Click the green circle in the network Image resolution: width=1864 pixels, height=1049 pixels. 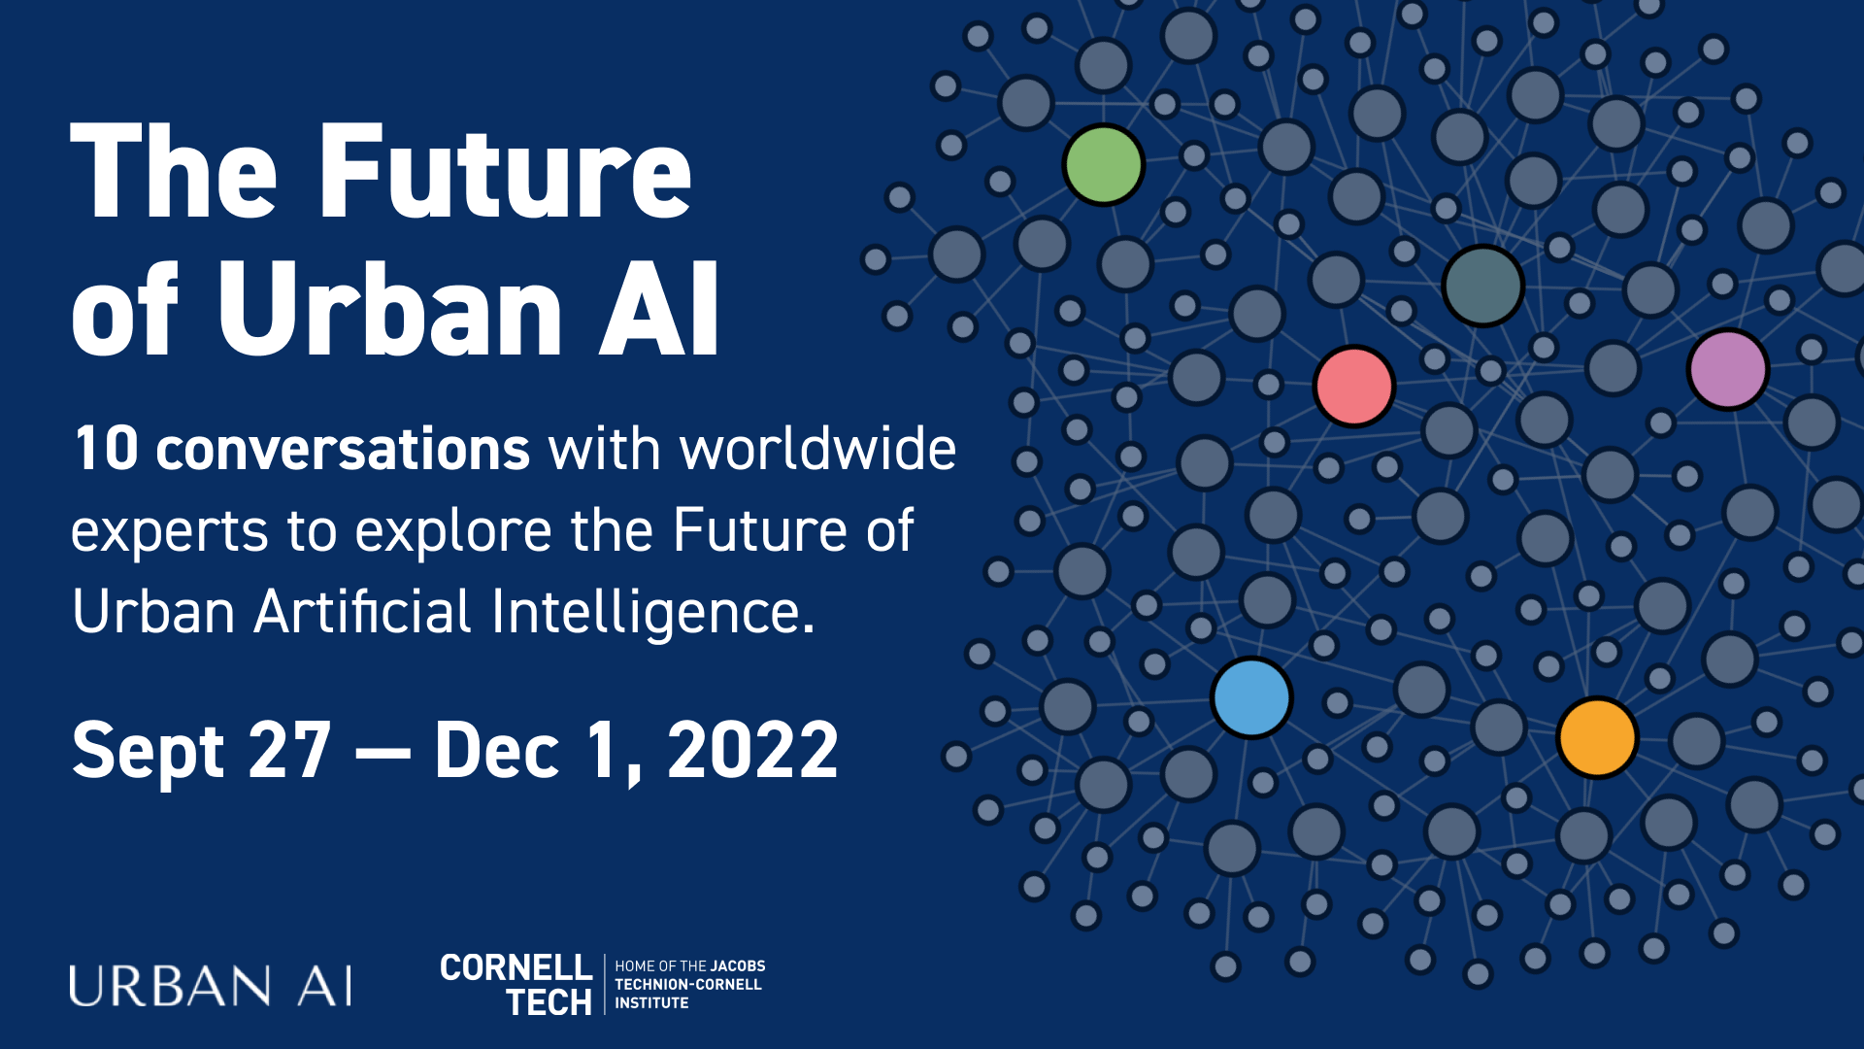pos(1103,164)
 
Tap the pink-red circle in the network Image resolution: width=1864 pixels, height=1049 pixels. pos(1353,386)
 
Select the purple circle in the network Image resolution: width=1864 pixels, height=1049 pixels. pos(1727,369)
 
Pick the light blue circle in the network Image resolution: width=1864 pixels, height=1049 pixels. pos(1251,697)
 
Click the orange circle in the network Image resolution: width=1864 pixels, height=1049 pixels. pos(1597,737)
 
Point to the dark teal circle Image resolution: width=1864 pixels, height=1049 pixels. pos(1482,286)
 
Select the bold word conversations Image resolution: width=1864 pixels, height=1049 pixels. pos(343,449)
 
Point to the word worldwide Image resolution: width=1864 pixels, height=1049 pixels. pos(817,449)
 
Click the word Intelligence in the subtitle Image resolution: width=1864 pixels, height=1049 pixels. pos(652,612)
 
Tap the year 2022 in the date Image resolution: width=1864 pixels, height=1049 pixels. pos(752,750)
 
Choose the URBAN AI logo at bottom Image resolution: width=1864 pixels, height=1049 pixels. pos(211,986)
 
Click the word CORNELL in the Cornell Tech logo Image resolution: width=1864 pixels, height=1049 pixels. pos(516,967)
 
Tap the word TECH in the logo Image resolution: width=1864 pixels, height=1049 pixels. pos(549,1002)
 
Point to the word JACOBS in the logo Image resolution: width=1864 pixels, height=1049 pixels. pos(738,966)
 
